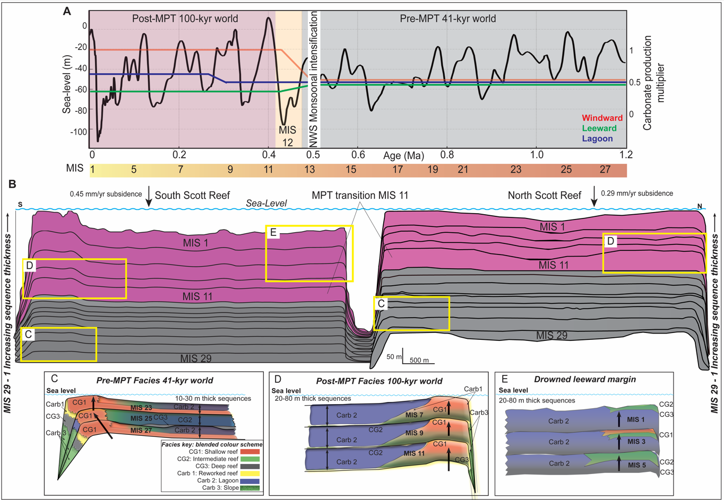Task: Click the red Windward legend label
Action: (x=602, y=118)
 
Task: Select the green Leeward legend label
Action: (x=599, y=128)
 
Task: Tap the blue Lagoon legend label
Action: (x=597, y=139)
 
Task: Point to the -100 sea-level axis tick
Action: (x=77, y=131)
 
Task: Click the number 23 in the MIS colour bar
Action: (x=515, y=170)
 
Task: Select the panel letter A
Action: (x=67, y=11)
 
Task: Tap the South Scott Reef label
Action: (x=192, y=195)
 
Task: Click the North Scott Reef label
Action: (x=545, y=195)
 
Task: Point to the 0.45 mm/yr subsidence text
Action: (x=105, y=194)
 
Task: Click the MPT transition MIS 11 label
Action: (x=360, y=195)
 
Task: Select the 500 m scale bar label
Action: (x=419, y=361)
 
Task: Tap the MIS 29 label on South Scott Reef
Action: (x=196, y=358)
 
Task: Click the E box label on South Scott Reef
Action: (x=273, y=232)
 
